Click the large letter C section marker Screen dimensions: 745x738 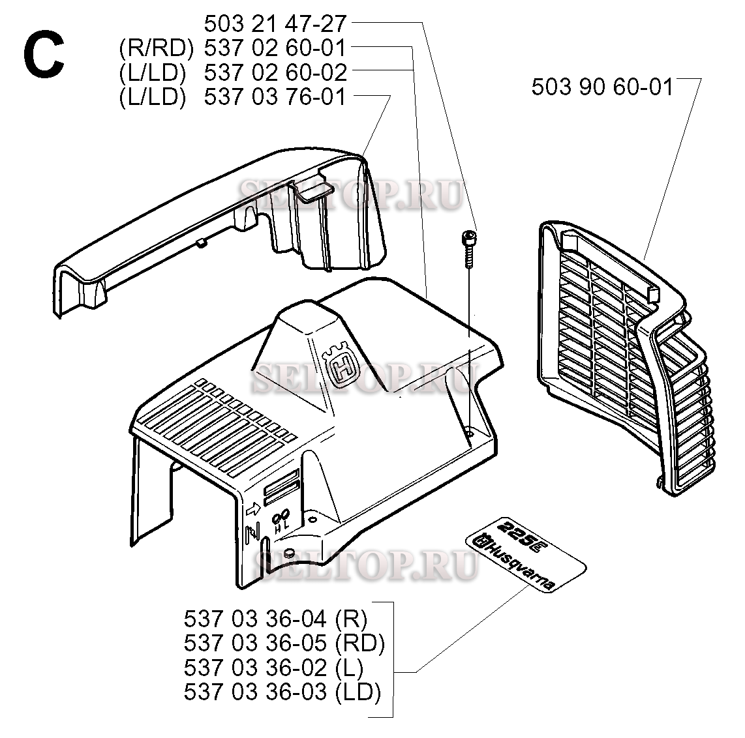pos(43,55)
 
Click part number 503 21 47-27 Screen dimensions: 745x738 pos(275,23)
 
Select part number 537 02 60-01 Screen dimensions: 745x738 pos(275,48)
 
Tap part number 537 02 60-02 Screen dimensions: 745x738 pos(275,72)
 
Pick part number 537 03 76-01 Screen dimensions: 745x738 pos(275,97)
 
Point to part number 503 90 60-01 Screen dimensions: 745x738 pos(602,87)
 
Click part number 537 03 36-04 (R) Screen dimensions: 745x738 pos(275,619)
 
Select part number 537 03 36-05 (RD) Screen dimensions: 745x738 pos(284,643)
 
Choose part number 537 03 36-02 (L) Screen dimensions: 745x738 pos(274,668)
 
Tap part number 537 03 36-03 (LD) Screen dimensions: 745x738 pos(282,692)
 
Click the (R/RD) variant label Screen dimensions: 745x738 pos(157,48)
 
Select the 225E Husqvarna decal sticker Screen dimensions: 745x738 pos(526,554)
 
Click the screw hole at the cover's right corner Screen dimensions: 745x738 pos(470,432)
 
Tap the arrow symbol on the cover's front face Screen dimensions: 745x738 pos(252,510)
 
